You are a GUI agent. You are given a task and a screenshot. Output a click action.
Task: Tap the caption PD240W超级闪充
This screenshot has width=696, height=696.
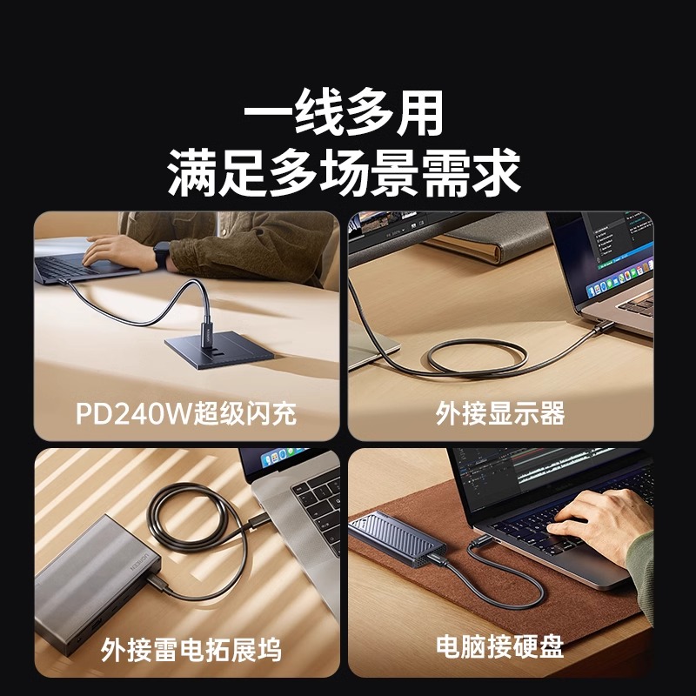pyautogui.click(x=185, y=412)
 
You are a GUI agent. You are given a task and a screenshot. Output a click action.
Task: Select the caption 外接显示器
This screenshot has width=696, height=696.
pyautogui.click(x=500, y=413)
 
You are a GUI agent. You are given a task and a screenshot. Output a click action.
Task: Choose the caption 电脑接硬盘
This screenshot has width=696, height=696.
pyautogui.click(x=500, y=646)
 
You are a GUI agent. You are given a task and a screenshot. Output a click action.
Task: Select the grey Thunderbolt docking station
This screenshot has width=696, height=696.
pyautogui.click(x=96, y=574)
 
